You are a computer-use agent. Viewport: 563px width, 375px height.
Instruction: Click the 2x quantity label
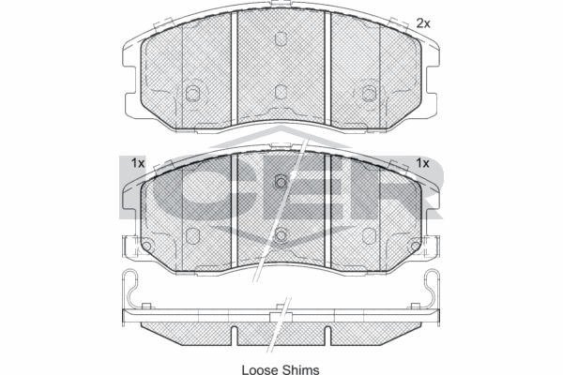422,22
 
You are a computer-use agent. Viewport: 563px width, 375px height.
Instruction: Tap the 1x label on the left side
137,163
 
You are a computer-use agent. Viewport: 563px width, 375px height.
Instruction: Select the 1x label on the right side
422,163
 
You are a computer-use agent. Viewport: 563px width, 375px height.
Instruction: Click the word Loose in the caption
261,368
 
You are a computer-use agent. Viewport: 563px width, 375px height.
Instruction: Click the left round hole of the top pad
193,93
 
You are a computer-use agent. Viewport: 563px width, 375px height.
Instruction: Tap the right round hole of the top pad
369,93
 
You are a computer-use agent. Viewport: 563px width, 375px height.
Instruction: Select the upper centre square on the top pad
281,39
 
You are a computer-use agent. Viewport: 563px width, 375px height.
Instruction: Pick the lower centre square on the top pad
281,92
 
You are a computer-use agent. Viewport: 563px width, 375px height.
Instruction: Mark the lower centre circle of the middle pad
281,234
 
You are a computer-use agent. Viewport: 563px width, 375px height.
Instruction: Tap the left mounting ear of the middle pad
129,246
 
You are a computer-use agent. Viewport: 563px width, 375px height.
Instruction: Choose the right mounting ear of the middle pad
433,246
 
